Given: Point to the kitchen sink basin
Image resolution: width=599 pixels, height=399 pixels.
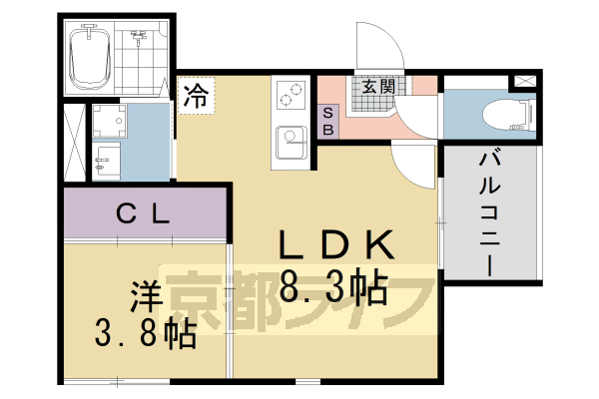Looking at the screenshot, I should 293,138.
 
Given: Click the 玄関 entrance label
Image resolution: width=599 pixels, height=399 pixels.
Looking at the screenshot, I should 376,87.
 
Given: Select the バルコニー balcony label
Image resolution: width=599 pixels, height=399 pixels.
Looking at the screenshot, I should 489,214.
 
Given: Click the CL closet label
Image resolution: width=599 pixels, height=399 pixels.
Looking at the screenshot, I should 144,212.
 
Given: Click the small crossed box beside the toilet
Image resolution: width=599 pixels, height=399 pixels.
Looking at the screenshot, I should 524,81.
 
